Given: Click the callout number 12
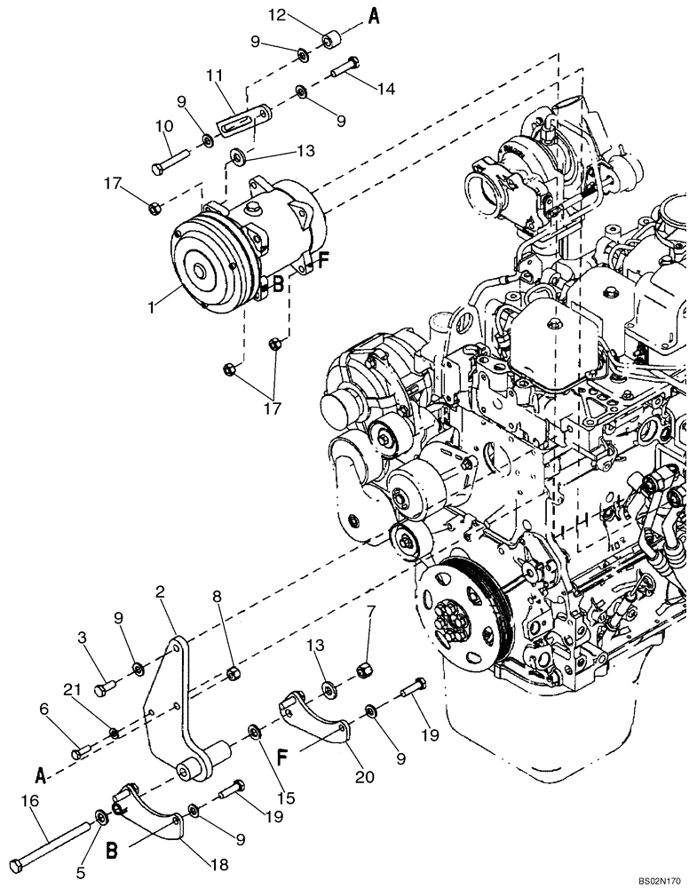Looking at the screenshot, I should pos(278,14).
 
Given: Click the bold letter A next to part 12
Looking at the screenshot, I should pos(375,18).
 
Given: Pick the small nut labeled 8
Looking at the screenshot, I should pos(232,672).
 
